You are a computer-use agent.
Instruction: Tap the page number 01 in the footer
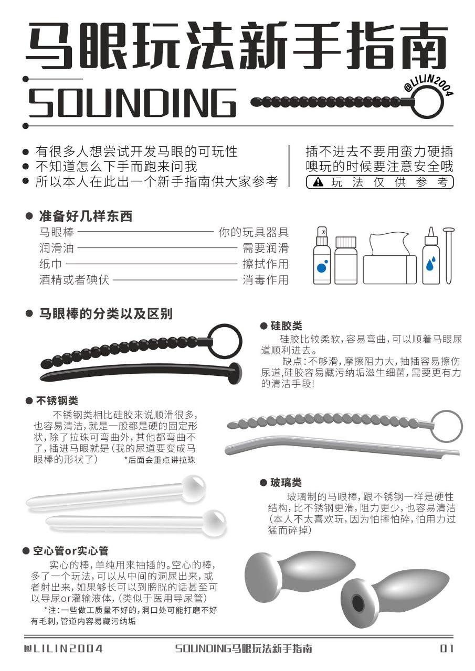click(447, 648)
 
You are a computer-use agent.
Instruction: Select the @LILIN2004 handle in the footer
click(64, 648)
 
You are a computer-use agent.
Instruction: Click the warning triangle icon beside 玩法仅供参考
click(318, 182)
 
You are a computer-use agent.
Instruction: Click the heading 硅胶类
click(287, 326)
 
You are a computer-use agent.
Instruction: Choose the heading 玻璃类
click(287, 482)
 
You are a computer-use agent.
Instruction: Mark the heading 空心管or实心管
click(70, 551)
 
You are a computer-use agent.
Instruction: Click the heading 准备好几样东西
click(86, 216)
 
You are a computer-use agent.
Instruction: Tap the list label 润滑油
click(57, 248)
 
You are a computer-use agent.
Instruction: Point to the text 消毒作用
click(265, 279)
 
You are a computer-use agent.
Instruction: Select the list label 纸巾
click(50, 264)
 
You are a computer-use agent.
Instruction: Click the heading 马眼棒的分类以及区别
click(105, 314)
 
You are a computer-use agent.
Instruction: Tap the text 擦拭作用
click(265, 264)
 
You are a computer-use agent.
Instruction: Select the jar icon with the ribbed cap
click(345, 260)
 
